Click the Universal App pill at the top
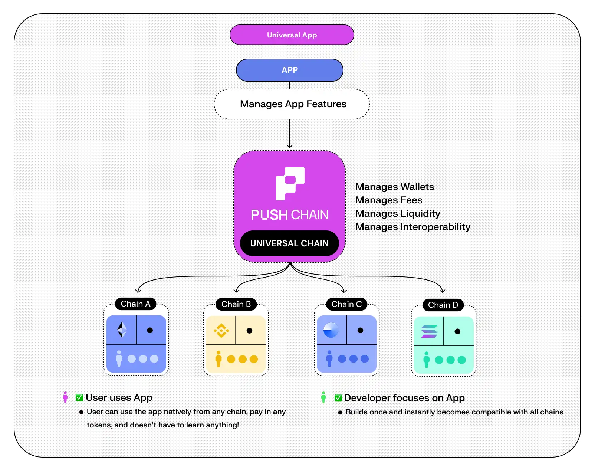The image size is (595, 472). (292, 35)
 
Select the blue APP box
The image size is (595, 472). (289, 70)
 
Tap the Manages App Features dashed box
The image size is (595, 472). (292, 104)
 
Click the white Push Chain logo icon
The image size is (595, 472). (290, 183)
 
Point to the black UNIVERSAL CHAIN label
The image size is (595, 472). (289, 243)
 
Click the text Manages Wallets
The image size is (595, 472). (394, 187)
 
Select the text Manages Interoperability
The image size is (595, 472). (412, 227)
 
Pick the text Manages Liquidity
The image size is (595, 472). (398, 213)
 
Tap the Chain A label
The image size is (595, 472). (135, 304)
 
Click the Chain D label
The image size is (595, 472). (443, 305)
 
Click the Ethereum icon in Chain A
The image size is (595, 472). (122, 330)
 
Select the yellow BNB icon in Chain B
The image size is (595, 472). (221, 330)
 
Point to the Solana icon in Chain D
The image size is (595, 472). (429, 331)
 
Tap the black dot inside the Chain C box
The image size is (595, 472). (360, 330)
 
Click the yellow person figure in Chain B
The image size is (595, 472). (218, 359)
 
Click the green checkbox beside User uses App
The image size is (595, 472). (79, 398)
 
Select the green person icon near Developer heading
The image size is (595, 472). (323, 397)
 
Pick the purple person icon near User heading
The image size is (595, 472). (65, 397)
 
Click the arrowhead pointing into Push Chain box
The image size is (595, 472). (290, 147)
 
